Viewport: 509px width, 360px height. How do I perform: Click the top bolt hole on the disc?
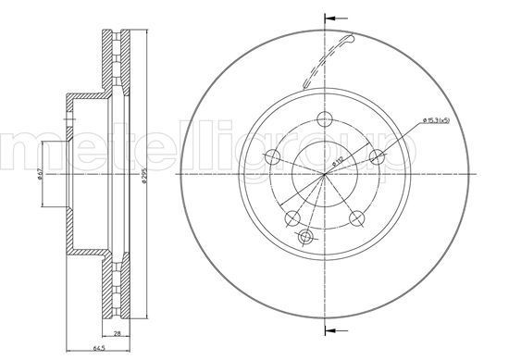(x=324, y=118)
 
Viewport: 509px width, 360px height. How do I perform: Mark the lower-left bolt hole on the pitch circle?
(x=292, y=218)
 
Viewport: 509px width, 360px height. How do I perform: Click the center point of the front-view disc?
(x=325, y=174)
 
